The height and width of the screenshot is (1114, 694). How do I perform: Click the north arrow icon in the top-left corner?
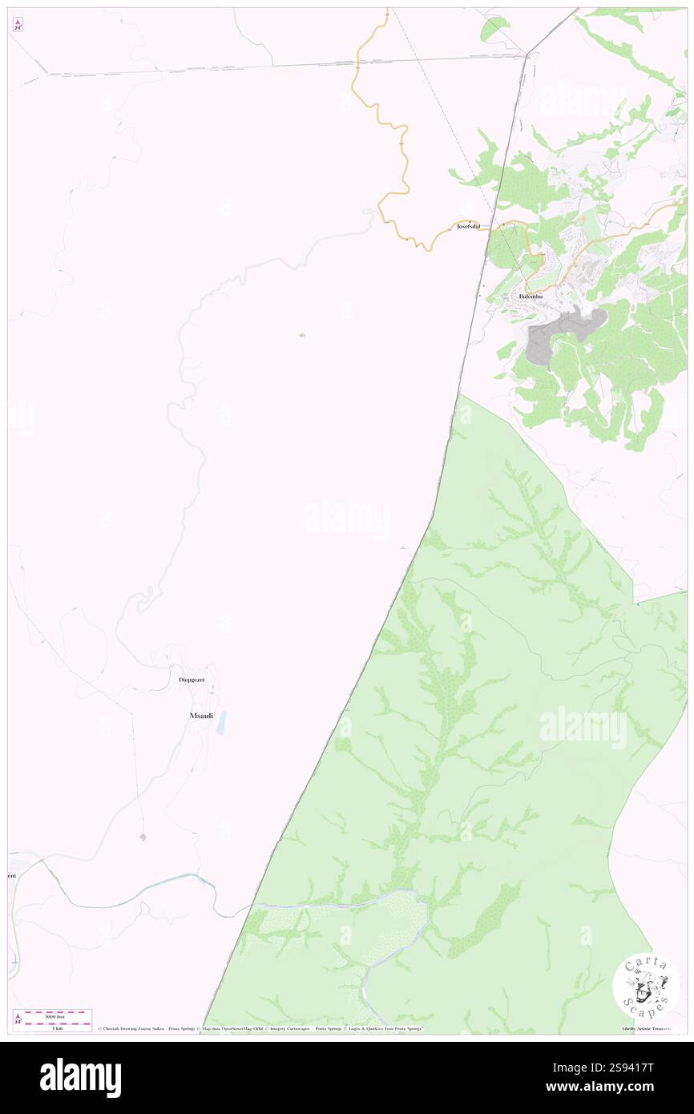point(18,24)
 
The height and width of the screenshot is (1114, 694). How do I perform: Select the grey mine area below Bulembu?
point(561,333)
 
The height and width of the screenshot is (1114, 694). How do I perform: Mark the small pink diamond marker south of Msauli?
point(143,838)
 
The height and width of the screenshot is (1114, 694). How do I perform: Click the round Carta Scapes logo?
point(646,986)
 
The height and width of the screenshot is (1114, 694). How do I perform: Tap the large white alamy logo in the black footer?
point(80,1078)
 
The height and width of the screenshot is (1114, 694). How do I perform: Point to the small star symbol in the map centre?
point(302,335)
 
